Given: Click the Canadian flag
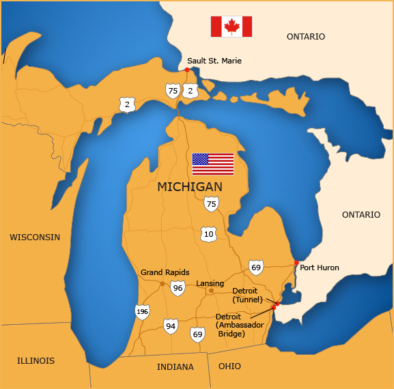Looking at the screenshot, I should pyautogui.click(x=231, y=27).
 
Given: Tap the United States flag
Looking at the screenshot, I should pyautogui.click(x=213, y=164).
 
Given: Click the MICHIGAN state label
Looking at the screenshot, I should pyautogui.click(x=190, y=187).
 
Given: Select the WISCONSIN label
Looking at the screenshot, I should pyautogui.click(x=35, y=237).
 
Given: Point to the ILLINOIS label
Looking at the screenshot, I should pyautogui.click(x=36, y=360).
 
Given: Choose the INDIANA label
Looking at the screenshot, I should pyautogui.click(x=175, y=366).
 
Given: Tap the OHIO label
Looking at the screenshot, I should pyautogui.click(x=229, y=366).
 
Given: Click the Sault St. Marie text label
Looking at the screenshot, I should pyautogui.click(x=214, y=61).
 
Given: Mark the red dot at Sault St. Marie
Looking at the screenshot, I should pyautogui.click(x=187, y=70).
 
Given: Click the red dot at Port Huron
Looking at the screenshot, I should pyautogui.click(x=296, y=263).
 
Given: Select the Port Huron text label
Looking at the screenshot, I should pyautogui.click(x=320, y=268).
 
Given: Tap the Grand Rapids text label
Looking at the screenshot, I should pyautogui.click(x=165, y=272).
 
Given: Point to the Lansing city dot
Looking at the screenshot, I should pyautogui.click(x=211, y=291).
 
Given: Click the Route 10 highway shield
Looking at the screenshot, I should pyautogui.click(x=209, y=235).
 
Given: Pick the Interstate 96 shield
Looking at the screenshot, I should pyautogui.click(x=178, y=288).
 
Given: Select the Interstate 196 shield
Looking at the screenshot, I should pyautogui.click(x=142, y=312).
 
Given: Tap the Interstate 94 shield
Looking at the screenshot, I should pyautogui.click(x=170, y=326).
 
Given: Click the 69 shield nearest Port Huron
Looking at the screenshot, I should pyautogui.click(x=256, y=267).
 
